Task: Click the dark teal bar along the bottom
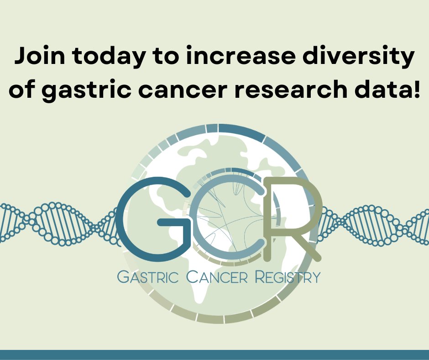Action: [x=214, y=355]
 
